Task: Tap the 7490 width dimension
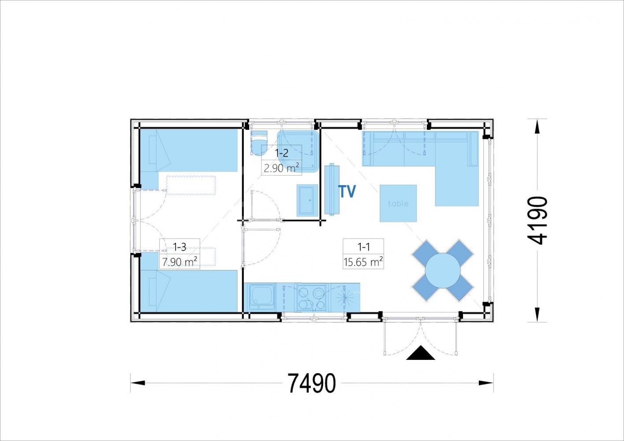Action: pos(311,383)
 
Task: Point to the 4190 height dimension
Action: pos(538,220)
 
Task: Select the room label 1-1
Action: pos(363,247)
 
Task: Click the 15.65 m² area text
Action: pos(363,262)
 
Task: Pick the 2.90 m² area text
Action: pos(281,168)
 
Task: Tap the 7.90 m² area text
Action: pos(179,262)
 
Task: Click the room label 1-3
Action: pos(179,247)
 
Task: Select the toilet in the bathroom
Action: pos(259,142)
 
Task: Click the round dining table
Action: pos(442,270)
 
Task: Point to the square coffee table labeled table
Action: pos(398,203)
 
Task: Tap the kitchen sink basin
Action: pos(262,297)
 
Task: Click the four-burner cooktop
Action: pos(312,298)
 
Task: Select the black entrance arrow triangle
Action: pos(421,353)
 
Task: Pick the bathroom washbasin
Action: pos(307,200)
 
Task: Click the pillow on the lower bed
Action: pos(153,292)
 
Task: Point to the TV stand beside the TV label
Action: pos(332,190)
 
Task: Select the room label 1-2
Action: pos(281,153)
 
